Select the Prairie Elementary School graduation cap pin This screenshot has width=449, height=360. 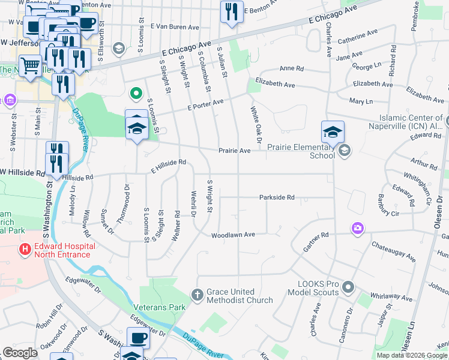click(x=332, y=132)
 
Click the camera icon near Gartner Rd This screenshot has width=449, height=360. click(x=358, y=228)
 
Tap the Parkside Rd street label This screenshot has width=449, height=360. click(x=277, y=197)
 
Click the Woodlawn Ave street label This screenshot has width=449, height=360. click(x=234, y=235)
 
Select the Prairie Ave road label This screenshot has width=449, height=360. click(x=234, y=151)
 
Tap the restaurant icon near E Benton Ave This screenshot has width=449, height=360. click(x=231, y=11)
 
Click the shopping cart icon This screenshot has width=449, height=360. click(x=30, y=65)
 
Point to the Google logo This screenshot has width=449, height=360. click(x=20, y=353)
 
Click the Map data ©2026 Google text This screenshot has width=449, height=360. click(x=412, y=355)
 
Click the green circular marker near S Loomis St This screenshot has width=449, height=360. click(x=136, y=93)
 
